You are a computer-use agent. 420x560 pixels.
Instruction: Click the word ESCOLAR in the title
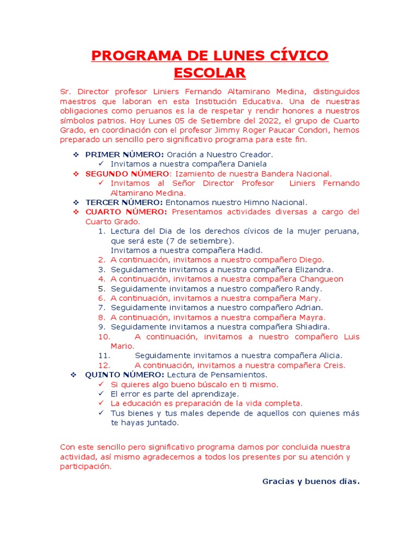(x=210, y=73)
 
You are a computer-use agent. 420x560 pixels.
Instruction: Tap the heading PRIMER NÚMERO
(x=124, y=155)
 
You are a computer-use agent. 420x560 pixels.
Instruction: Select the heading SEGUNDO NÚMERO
(x=127, y=174)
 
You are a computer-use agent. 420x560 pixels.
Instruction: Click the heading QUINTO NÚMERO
(x=124, y=375)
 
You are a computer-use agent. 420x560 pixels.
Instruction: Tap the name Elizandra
(x=314, y=269)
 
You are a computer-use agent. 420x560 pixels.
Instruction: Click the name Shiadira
(x=312, y=326)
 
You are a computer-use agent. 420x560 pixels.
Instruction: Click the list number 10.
(x=104, y=336)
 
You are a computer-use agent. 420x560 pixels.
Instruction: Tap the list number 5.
(x=101, y=288)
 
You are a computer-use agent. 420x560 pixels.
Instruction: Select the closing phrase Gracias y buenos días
(x=311, y=481)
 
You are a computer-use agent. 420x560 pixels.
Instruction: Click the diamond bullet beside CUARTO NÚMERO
(x=76, y=212)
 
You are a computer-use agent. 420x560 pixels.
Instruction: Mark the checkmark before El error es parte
(x=101, y=394)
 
